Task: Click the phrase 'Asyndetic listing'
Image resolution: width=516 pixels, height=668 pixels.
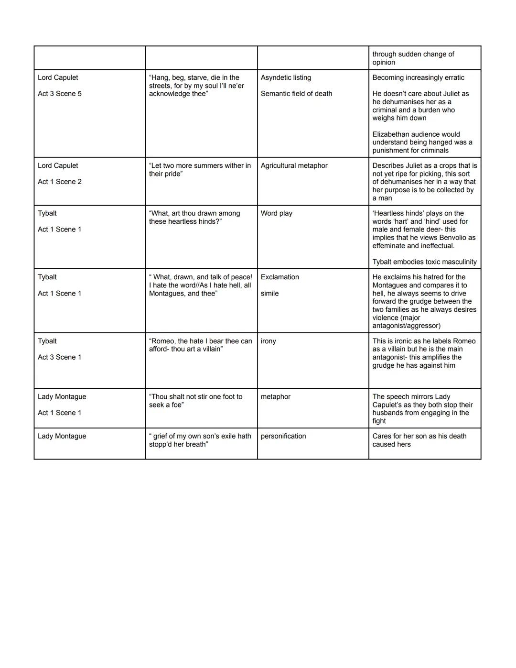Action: click(286, 77)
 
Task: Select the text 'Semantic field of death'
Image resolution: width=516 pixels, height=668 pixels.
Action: click(296, 94)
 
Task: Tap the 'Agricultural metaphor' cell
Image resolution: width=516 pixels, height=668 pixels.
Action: click(294, 165)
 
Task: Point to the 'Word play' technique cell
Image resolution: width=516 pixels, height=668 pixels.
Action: click(276, 213)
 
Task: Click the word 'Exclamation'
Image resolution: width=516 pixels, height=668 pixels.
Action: click(279, 277)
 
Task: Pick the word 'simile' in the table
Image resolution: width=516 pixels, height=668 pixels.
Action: click(269, 293)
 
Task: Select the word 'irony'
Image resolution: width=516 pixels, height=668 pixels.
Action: click(268, 341)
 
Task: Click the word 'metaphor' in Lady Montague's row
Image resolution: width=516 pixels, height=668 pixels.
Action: click(275, 396)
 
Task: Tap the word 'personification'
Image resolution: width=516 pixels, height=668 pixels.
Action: click(283, 436)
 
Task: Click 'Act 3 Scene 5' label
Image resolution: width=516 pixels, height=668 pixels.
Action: click(60, 94)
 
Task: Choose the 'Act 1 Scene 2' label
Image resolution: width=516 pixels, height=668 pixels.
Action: click(60, 182)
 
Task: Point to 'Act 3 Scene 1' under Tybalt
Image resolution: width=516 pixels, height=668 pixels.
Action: click(60, 357)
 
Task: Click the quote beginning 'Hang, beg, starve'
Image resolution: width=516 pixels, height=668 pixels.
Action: click(196, 86)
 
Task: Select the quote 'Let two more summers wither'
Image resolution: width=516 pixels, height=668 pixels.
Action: click(200, 170)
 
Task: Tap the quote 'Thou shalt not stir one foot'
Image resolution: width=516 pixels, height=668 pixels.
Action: click(195, 401)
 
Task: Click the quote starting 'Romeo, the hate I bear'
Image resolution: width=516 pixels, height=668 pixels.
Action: click(200, 345)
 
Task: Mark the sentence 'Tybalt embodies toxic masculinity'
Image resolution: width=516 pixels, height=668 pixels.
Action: click(424, 262)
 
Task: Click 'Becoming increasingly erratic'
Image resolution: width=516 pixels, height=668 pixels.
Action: click(418, 77)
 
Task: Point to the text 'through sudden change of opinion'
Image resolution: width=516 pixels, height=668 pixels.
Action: click(413, 58)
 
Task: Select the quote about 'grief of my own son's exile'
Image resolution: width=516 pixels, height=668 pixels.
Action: click(200, 440)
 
